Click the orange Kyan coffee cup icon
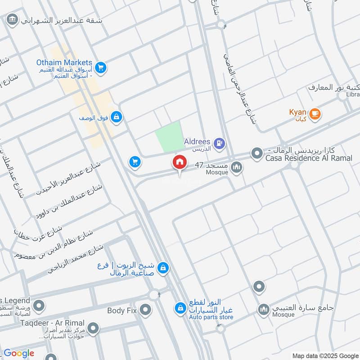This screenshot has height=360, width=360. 315,114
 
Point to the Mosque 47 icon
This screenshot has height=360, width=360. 236,168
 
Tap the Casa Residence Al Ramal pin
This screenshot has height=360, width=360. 257,153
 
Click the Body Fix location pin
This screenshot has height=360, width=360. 145,310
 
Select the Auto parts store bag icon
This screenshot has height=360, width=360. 180,308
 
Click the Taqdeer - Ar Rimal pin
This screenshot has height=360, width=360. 93,328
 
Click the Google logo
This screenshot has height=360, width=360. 19,353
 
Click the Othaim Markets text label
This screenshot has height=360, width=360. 64,63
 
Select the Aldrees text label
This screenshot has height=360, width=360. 197,142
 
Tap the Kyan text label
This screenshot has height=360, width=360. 298,112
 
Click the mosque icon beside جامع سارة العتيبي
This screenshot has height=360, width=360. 263,309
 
